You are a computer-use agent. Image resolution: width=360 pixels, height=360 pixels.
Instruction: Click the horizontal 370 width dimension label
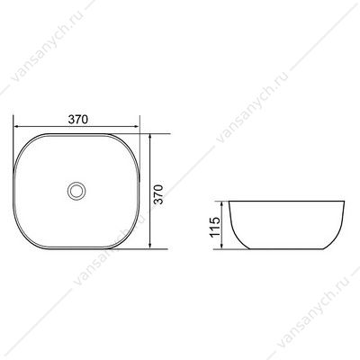(x=78, y=120)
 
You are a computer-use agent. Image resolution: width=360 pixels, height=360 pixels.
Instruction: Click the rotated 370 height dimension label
(x=158, y=194)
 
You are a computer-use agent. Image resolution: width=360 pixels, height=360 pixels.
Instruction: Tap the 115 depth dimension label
(x=215, y=227)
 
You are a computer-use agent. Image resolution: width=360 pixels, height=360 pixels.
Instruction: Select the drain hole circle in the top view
(x=76, y=190)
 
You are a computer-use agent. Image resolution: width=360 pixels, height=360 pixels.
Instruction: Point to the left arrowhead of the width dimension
(x=16, y=126)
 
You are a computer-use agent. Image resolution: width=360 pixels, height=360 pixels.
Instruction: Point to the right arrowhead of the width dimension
(x=137, y=126)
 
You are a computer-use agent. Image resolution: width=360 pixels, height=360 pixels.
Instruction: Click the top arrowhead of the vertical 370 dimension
(x=150, y=137)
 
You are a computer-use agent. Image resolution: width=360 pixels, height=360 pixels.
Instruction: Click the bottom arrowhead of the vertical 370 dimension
(x=150, y=246)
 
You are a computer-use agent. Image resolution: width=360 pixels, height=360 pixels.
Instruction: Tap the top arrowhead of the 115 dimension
(x=221, y=204)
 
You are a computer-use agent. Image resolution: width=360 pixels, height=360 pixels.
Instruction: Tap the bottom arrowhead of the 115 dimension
(x=221, y=246)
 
